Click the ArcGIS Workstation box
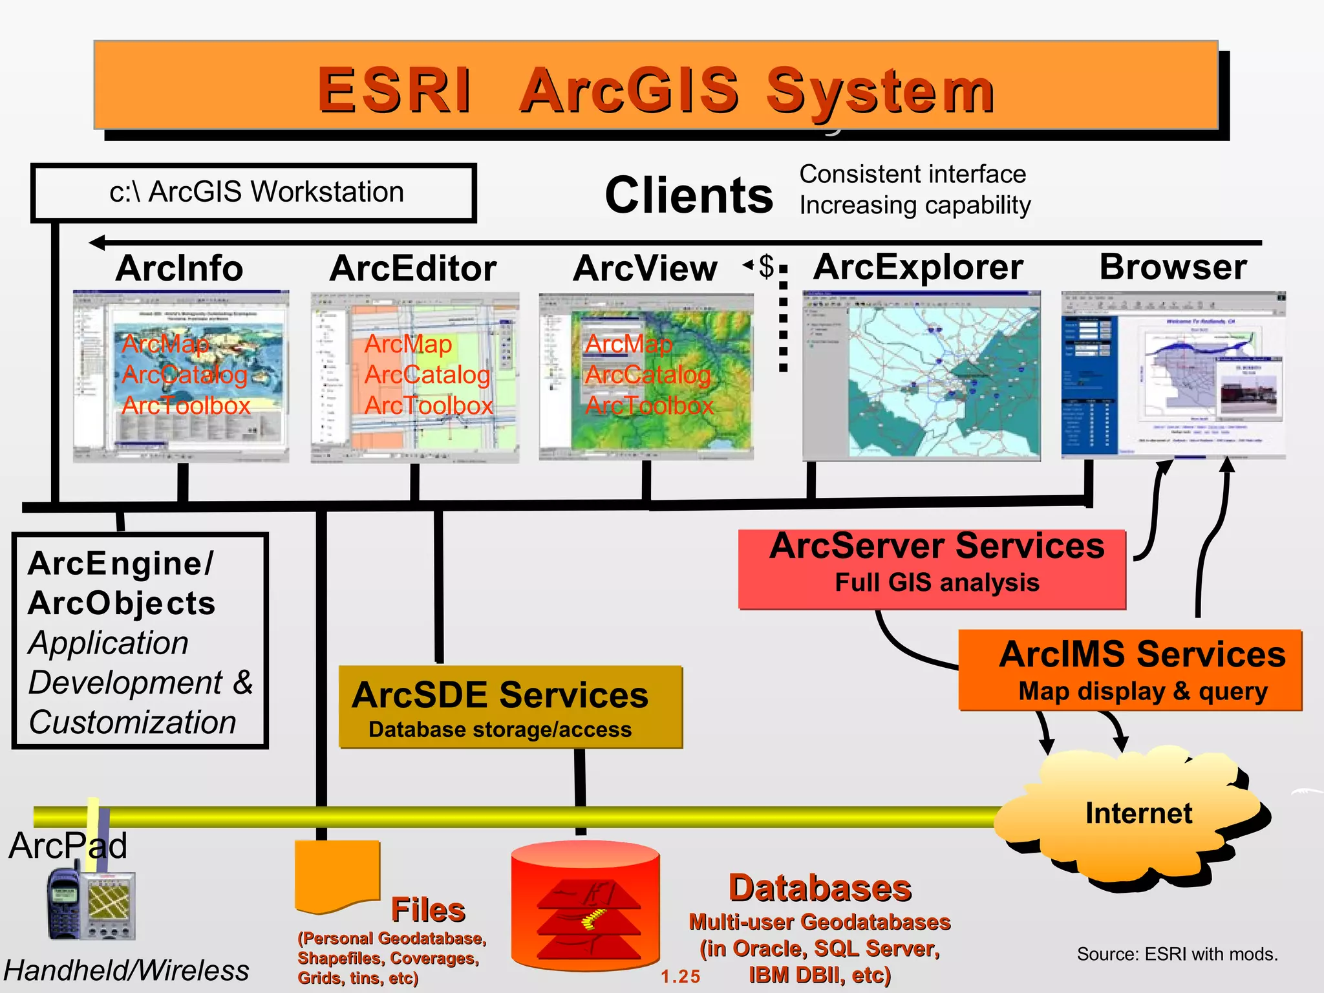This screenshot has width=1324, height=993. pyautogui.click(x=253, y=193)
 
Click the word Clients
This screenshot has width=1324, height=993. pyautogui.click(x=689, y=195)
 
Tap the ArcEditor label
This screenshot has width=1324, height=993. pyautogui.click(x=412, y=268)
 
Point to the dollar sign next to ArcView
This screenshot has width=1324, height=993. pyautogui.click(x=767, y=266)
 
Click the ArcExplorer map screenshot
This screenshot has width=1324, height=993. pyautogui.click(x=921, y=376)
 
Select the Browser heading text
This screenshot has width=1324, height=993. pyautogui.click(x=1173, y=267)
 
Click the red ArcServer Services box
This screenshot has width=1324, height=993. pyautogui.click(x=932, y=570)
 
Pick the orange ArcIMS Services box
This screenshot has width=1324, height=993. pyautogui.click(x=1130, y=670)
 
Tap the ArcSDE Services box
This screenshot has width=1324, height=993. pyautogui.click(x=511, y=707)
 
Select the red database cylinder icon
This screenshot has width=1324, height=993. pyautogui.click(x=585, y=905)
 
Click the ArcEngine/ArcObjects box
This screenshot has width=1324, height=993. pyautogui.click(x=140, y=641)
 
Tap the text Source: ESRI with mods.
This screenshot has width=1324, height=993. pyautogui.click(x=1177, y=954)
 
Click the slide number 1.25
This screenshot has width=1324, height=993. pyautogui.click(x=680, y=976)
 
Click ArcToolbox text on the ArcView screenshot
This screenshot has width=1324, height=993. pyautogui.click(x=649, y=405)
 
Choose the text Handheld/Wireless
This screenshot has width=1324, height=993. pyautogui.click(x=127, y=970)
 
